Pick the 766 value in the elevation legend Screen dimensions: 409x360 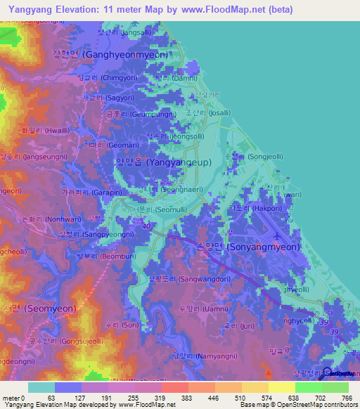pyautogui.click(x=345, y=398)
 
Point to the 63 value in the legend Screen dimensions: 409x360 pyautogui.click(x=51, y=398)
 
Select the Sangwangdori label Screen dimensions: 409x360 pyautogui.click(x=188, y=278)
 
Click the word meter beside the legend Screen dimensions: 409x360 pyautogui.click(x=11, y=398)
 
